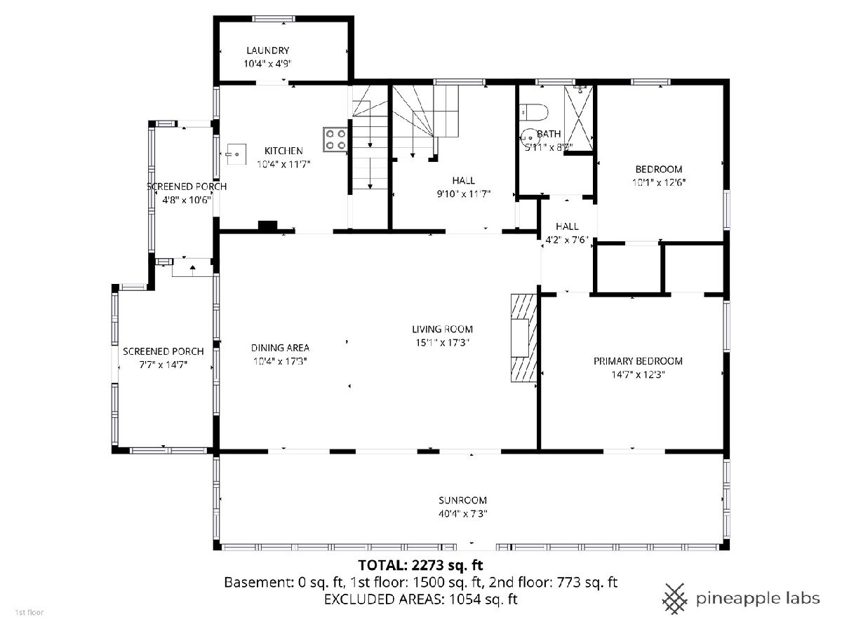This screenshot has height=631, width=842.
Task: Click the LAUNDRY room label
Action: [x=267, y=50]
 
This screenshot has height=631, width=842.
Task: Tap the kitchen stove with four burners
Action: [x=335, y=140]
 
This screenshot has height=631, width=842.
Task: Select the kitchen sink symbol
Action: [x=236, y=154]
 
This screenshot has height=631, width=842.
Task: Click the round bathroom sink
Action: [x=529, y=137]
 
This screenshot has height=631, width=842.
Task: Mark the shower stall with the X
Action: [x=578, y=118]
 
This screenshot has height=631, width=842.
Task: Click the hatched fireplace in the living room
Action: [x=523, y=337]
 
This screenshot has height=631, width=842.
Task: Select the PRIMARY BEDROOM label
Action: [x=638, y=361]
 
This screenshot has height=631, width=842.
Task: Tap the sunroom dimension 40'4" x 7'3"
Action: [x=462, y=513]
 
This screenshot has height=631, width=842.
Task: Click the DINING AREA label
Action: [x=280, y=348]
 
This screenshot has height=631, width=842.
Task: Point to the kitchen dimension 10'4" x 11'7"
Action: [x=283, y=164]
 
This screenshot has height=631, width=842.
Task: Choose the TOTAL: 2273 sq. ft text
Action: [x=420, y=565]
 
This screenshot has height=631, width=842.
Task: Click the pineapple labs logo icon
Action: [x=675, y=599]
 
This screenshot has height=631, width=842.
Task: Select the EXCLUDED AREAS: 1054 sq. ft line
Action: [x=421, y=599]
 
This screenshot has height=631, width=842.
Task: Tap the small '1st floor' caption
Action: [x=29, y=612]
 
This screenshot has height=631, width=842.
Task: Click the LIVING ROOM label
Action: [x=442, y=329]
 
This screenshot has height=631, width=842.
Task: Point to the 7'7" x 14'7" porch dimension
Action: [x=163, y=365]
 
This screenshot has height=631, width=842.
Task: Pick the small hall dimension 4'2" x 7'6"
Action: [x=567, y=240]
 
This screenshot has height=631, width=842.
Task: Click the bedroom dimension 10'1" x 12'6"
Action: [x=659, y=182]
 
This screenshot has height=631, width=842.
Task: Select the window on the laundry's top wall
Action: [x=274, y=19]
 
